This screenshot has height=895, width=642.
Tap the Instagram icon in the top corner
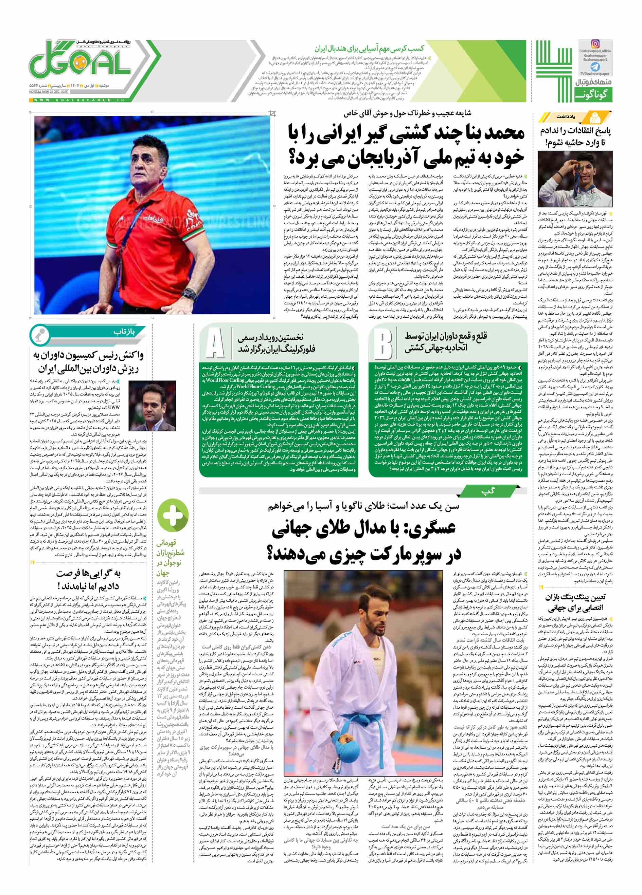tap(595, 44)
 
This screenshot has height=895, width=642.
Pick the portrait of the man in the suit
tap(153, 407)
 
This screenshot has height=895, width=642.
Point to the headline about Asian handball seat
tap(369, 49)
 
